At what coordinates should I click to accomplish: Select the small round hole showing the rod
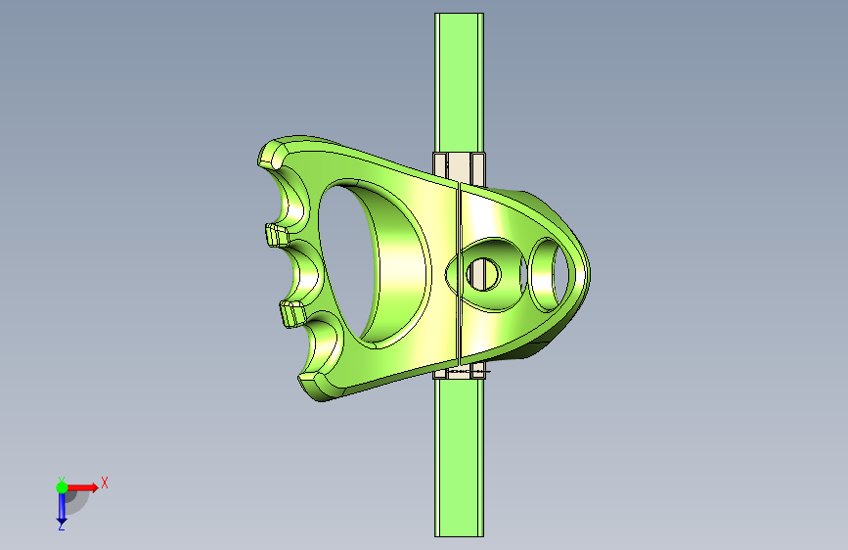click(483, 274)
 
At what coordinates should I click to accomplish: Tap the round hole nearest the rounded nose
click(550, 275)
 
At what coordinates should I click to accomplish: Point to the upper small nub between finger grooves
click(277, 236)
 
